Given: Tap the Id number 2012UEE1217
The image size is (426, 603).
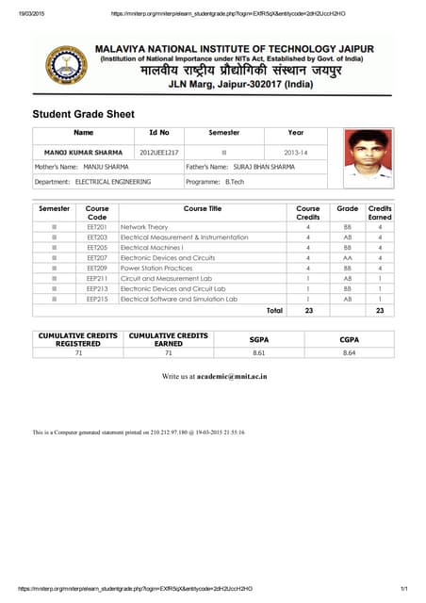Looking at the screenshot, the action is click(159, 151).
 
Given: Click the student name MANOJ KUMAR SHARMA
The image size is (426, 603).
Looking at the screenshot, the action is click(83, 151).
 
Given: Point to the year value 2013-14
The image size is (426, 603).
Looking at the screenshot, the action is click(296, 151).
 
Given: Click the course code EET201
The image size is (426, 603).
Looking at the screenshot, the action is click(97, 227).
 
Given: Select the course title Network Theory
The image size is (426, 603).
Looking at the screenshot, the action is click(144, 227).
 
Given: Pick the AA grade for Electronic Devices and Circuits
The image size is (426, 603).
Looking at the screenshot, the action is click(347, 257).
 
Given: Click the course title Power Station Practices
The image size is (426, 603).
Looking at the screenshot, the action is click(156, 268).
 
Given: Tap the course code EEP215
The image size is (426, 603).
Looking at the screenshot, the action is click(97, 298).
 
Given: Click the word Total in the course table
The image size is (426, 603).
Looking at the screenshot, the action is click(274, 309).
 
